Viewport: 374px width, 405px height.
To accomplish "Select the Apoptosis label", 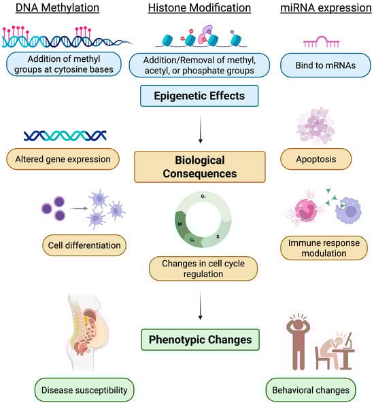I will pos(318,160).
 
